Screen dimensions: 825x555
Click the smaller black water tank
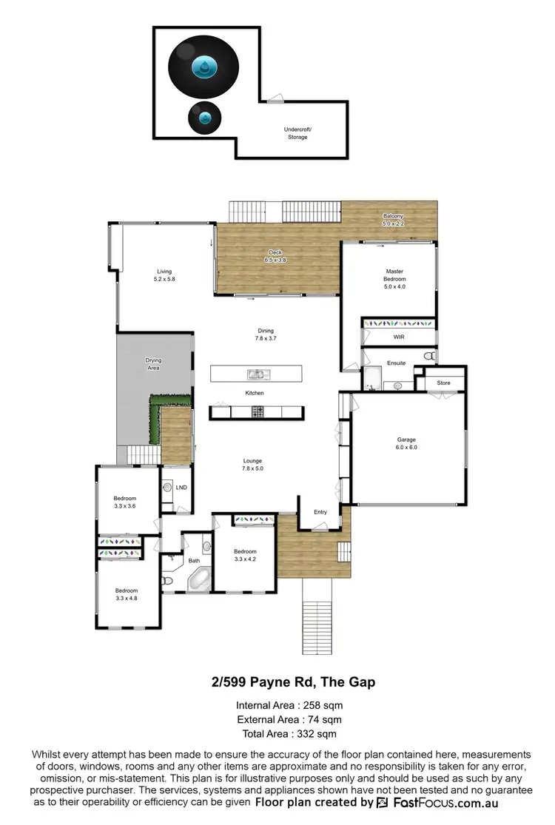tap(204, 117)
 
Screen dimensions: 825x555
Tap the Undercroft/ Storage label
tap(297, 133)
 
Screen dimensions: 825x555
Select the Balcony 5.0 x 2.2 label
tap(393, 220)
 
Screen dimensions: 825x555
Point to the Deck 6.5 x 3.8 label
tap(275, 256)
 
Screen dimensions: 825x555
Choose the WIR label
tap(399, 337)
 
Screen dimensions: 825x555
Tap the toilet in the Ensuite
tap(428, 357)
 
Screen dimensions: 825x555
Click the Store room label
tap(443, 383)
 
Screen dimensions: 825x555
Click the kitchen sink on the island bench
tap(258, 374)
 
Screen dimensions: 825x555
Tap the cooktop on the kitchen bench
tap(258, 411)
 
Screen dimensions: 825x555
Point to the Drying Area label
tap(153, 364)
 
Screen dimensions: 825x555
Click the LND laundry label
tap(181, 488)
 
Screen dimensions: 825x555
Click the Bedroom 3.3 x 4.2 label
tap(245, 555)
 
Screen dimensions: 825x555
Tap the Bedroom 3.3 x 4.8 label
tap(127, 594)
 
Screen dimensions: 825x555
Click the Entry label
tap(320, 512)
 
